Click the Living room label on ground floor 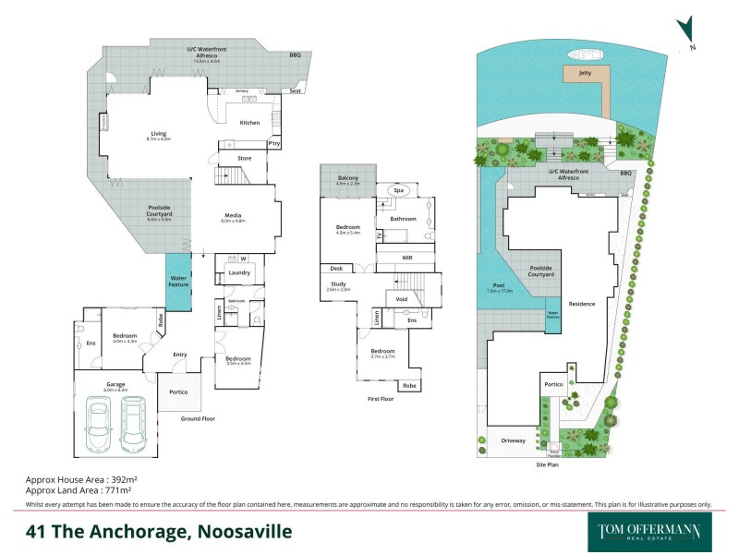point(159,134)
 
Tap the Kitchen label point(249,123)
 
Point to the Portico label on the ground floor point(179,392)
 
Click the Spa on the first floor point(399,190)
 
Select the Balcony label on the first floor point(347,177)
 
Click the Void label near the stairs point(401,299)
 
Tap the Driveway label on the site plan point(514,440)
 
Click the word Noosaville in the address point(242,532)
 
